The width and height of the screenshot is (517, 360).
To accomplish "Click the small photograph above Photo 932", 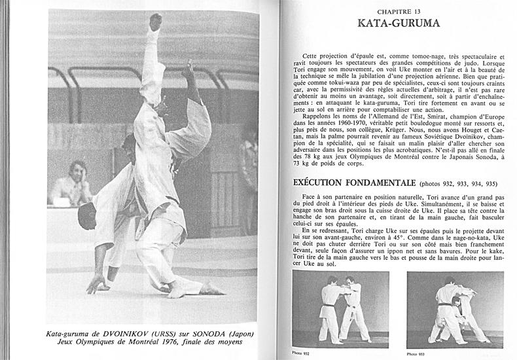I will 340,308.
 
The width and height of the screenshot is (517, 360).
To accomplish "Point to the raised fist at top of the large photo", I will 155,22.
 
